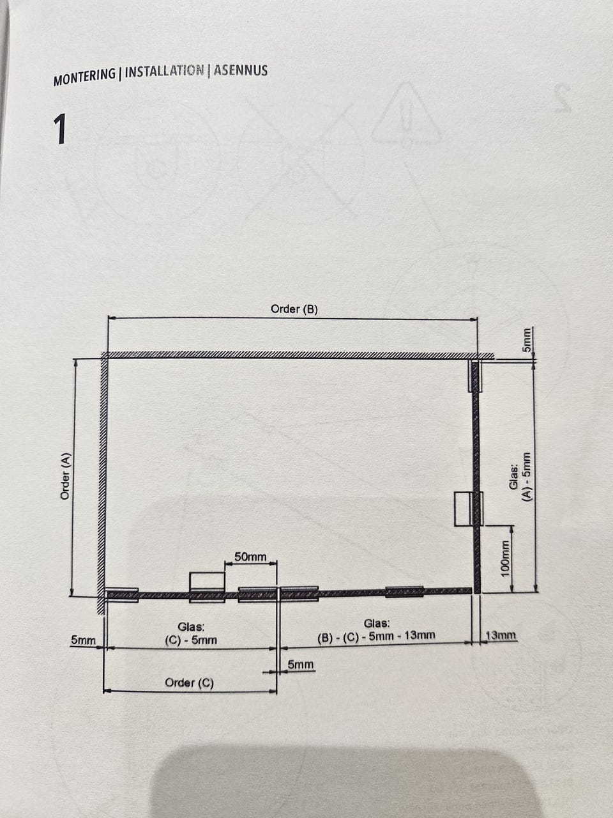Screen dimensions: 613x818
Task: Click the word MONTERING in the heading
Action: (x=84, y=77)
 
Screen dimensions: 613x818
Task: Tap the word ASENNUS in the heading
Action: (x=241, y=70)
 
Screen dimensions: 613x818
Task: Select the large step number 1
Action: (x=60, y=129)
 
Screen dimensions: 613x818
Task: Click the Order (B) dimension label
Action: (x=294, y=309)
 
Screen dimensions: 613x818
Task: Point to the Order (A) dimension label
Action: (x=66, y=476)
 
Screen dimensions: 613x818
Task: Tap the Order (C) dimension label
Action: (x=190, y=683)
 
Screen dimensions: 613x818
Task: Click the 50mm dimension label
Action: (x=250, y=557)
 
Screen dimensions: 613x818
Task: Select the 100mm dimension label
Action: (x=505, y=559)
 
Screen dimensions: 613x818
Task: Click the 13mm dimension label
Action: (x=501, y=635)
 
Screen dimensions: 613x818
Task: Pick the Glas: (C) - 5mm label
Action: (x=191, y=634)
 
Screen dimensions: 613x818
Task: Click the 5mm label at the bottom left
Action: (x=83, y=640)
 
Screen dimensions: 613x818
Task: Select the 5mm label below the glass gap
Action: (x=301, y=665)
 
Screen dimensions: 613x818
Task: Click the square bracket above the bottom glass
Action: (x=208, y=581)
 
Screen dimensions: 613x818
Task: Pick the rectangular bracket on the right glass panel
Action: (x=464, y=509)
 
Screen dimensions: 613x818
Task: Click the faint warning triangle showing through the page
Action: (x=405, y=114)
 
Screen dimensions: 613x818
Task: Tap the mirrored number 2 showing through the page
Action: (x=563, y=98)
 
